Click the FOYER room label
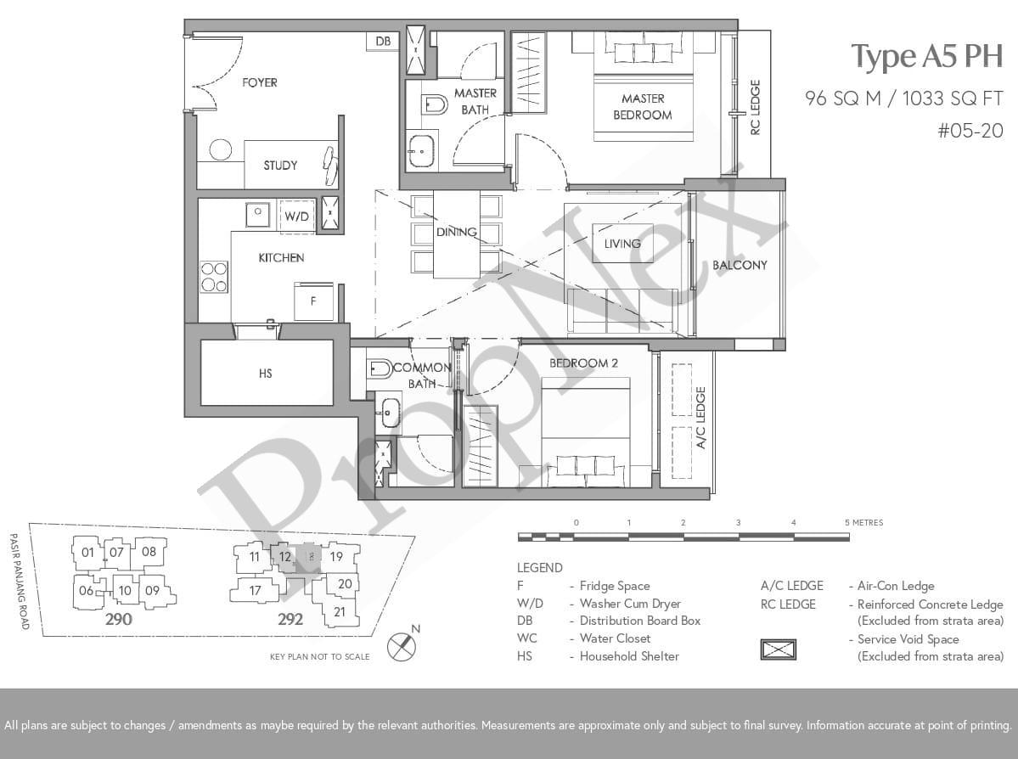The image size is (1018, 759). (x=260, y=82)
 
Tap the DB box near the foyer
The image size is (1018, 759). (x=383, y=41)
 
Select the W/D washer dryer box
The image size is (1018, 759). (x=296, y=216)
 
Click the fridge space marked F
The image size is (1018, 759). (x=313, y=301)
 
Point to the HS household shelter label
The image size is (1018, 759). (x=266, y=374)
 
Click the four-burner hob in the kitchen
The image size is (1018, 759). (x=214, y=277)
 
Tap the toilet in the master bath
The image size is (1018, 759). (x=434, y=104)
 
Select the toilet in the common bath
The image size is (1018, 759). (x=380, y=368)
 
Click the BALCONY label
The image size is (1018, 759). (x=740, y=265)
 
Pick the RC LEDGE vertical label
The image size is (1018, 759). (x=755, y=107)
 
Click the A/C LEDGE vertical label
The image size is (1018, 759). (x=700, y=418)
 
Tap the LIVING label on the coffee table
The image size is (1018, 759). (x=622, y=244)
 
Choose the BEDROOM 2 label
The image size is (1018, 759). (x=583, y=363)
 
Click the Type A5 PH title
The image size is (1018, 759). (x=927, y=57)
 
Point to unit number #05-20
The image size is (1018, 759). (x=970, y=131)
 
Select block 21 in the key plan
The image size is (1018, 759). (x=340, y=611)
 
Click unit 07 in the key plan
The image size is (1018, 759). (x=116, y=553)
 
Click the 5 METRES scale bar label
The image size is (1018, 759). (x=864, y=523)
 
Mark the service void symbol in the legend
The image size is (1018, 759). (x=779, y=649)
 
